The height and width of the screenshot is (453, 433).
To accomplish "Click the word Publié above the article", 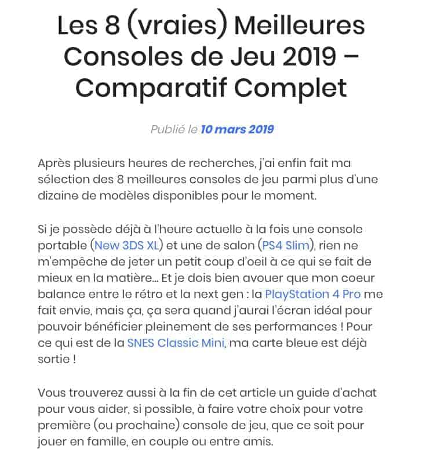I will pos(167,129).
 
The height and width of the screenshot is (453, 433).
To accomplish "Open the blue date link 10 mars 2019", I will pos(238,129).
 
